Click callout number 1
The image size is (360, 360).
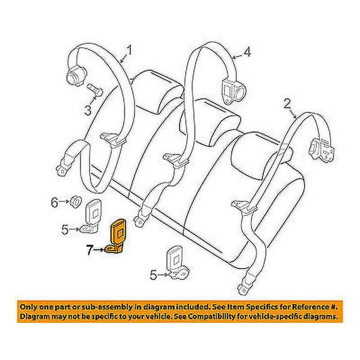(129, 50)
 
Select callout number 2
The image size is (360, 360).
(287, 104)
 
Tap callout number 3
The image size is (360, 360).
(88, 111)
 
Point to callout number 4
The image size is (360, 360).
(247, 52)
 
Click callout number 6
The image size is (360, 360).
(55, 202)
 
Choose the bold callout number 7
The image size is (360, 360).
(90, 250)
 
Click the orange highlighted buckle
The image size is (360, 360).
(116, 236)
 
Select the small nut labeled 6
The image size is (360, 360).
(75, 202)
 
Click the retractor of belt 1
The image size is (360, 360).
(75, 77)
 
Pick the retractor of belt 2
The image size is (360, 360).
(322, 150)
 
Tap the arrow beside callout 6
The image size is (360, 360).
(64, 202)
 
